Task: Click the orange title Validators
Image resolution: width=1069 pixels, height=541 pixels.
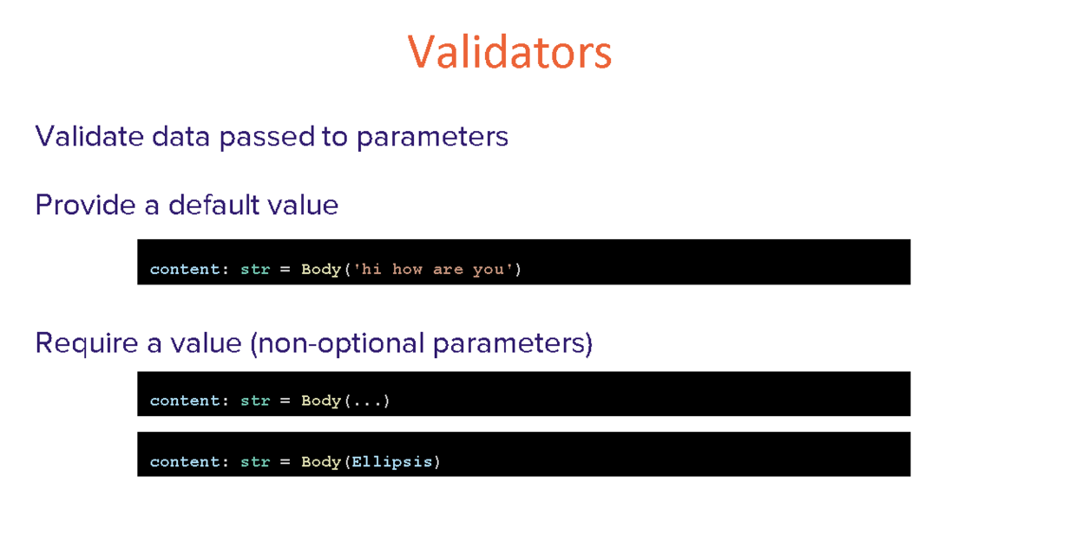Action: pos(509,51)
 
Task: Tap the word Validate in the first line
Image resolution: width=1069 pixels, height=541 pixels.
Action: pos(89,136)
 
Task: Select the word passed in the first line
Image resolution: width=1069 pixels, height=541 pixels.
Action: pos(266,138)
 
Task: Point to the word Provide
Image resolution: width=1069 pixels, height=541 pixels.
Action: pos(85,205)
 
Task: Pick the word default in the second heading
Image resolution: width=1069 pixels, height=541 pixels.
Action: pos(213,205)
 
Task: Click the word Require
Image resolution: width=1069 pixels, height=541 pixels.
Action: pos(87,343)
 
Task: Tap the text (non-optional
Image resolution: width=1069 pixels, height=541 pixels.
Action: pos(337,343)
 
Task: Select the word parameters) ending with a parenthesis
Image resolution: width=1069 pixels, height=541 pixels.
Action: pos(513,344)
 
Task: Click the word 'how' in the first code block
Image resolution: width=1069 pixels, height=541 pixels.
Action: pos(407,270)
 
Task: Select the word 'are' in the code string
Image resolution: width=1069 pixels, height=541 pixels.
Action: pos(448,270)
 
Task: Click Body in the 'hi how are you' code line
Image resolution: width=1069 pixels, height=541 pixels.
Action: pos(321,270)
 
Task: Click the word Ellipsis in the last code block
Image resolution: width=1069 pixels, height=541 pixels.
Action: pos(392,462)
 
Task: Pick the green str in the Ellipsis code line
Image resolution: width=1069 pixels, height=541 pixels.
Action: pos(255,461)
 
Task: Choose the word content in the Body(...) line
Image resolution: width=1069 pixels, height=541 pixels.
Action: pos(185,401)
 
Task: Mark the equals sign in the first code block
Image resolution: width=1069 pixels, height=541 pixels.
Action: pos(285,270)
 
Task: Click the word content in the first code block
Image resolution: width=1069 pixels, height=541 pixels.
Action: pos(185,270)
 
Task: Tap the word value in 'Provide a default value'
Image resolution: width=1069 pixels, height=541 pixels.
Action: pos(303,205)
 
